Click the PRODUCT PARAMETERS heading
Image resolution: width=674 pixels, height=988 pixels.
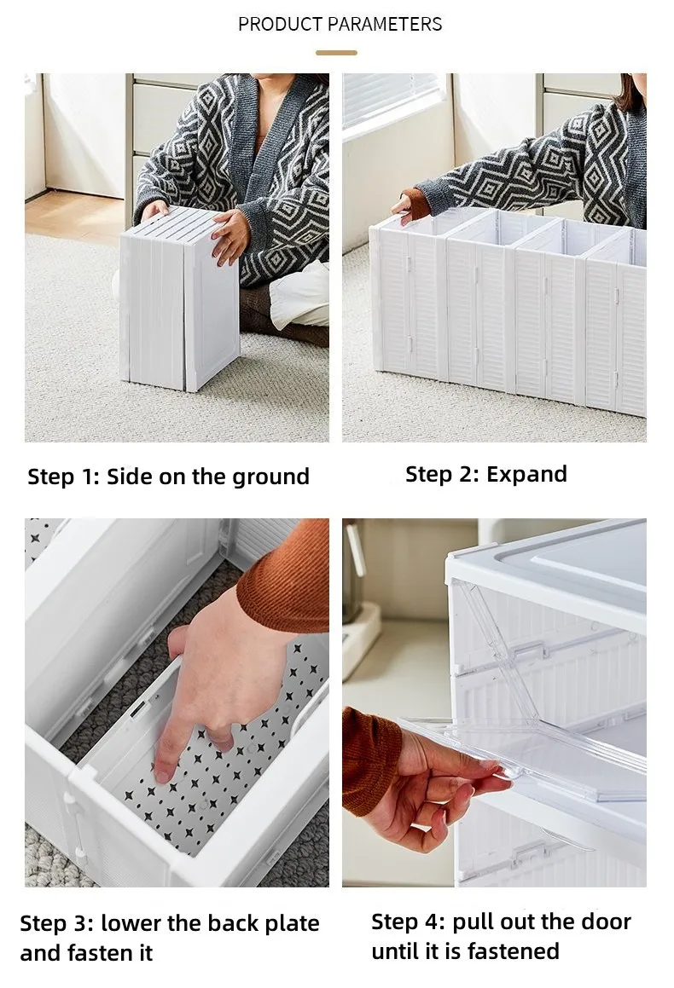coord(340,24)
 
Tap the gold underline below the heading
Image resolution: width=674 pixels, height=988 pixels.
coord(336,53)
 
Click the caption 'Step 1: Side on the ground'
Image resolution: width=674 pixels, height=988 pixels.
coord(168,476)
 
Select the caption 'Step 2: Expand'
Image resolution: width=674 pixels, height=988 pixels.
coord(485,474)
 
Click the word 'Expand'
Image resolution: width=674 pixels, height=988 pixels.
coord(526,474)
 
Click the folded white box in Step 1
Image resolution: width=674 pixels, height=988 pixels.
coord(179,298)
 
